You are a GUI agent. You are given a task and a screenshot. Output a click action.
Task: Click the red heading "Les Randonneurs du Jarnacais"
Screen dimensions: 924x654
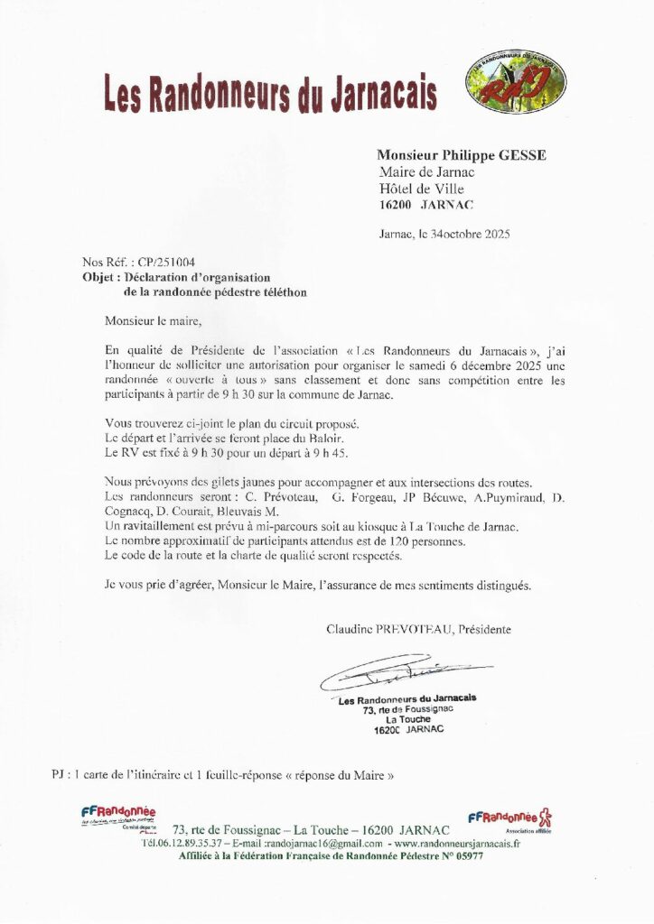pos(270,93)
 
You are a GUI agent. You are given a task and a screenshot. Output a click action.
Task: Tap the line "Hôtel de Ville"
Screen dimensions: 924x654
pos(422,189)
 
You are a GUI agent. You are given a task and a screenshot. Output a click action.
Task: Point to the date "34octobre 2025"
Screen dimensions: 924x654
pos(471,234)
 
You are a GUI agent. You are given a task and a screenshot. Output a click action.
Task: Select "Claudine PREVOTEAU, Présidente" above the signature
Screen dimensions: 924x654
pos(418,629)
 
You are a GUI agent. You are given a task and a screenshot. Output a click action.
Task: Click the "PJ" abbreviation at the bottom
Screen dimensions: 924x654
pos(60,774)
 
